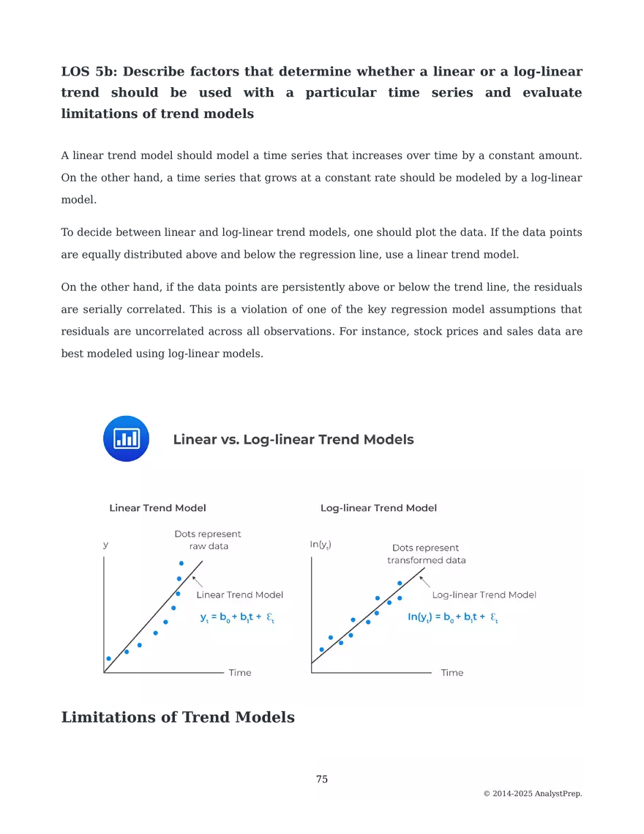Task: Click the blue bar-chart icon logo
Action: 126,439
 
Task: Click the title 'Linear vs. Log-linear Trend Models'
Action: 293,439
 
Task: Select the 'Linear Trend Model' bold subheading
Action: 157,507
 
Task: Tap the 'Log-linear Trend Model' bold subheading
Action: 378,507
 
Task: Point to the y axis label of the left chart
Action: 105,544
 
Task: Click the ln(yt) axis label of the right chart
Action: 321,544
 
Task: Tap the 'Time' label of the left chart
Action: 240,672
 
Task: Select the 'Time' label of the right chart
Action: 452,672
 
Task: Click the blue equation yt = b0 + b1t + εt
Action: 237,617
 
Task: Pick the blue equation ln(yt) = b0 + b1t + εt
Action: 452,617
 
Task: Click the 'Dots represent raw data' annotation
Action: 208,540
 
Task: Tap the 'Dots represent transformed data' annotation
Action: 426,554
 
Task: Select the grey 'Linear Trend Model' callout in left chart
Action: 239,595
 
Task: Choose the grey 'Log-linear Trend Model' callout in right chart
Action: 484,595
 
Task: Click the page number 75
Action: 322,779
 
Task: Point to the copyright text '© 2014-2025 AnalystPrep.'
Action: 533,794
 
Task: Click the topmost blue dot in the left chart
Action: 181,563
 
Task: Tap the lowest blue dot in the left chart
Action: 108,658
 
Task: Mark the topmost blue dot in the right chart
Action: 400,584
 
